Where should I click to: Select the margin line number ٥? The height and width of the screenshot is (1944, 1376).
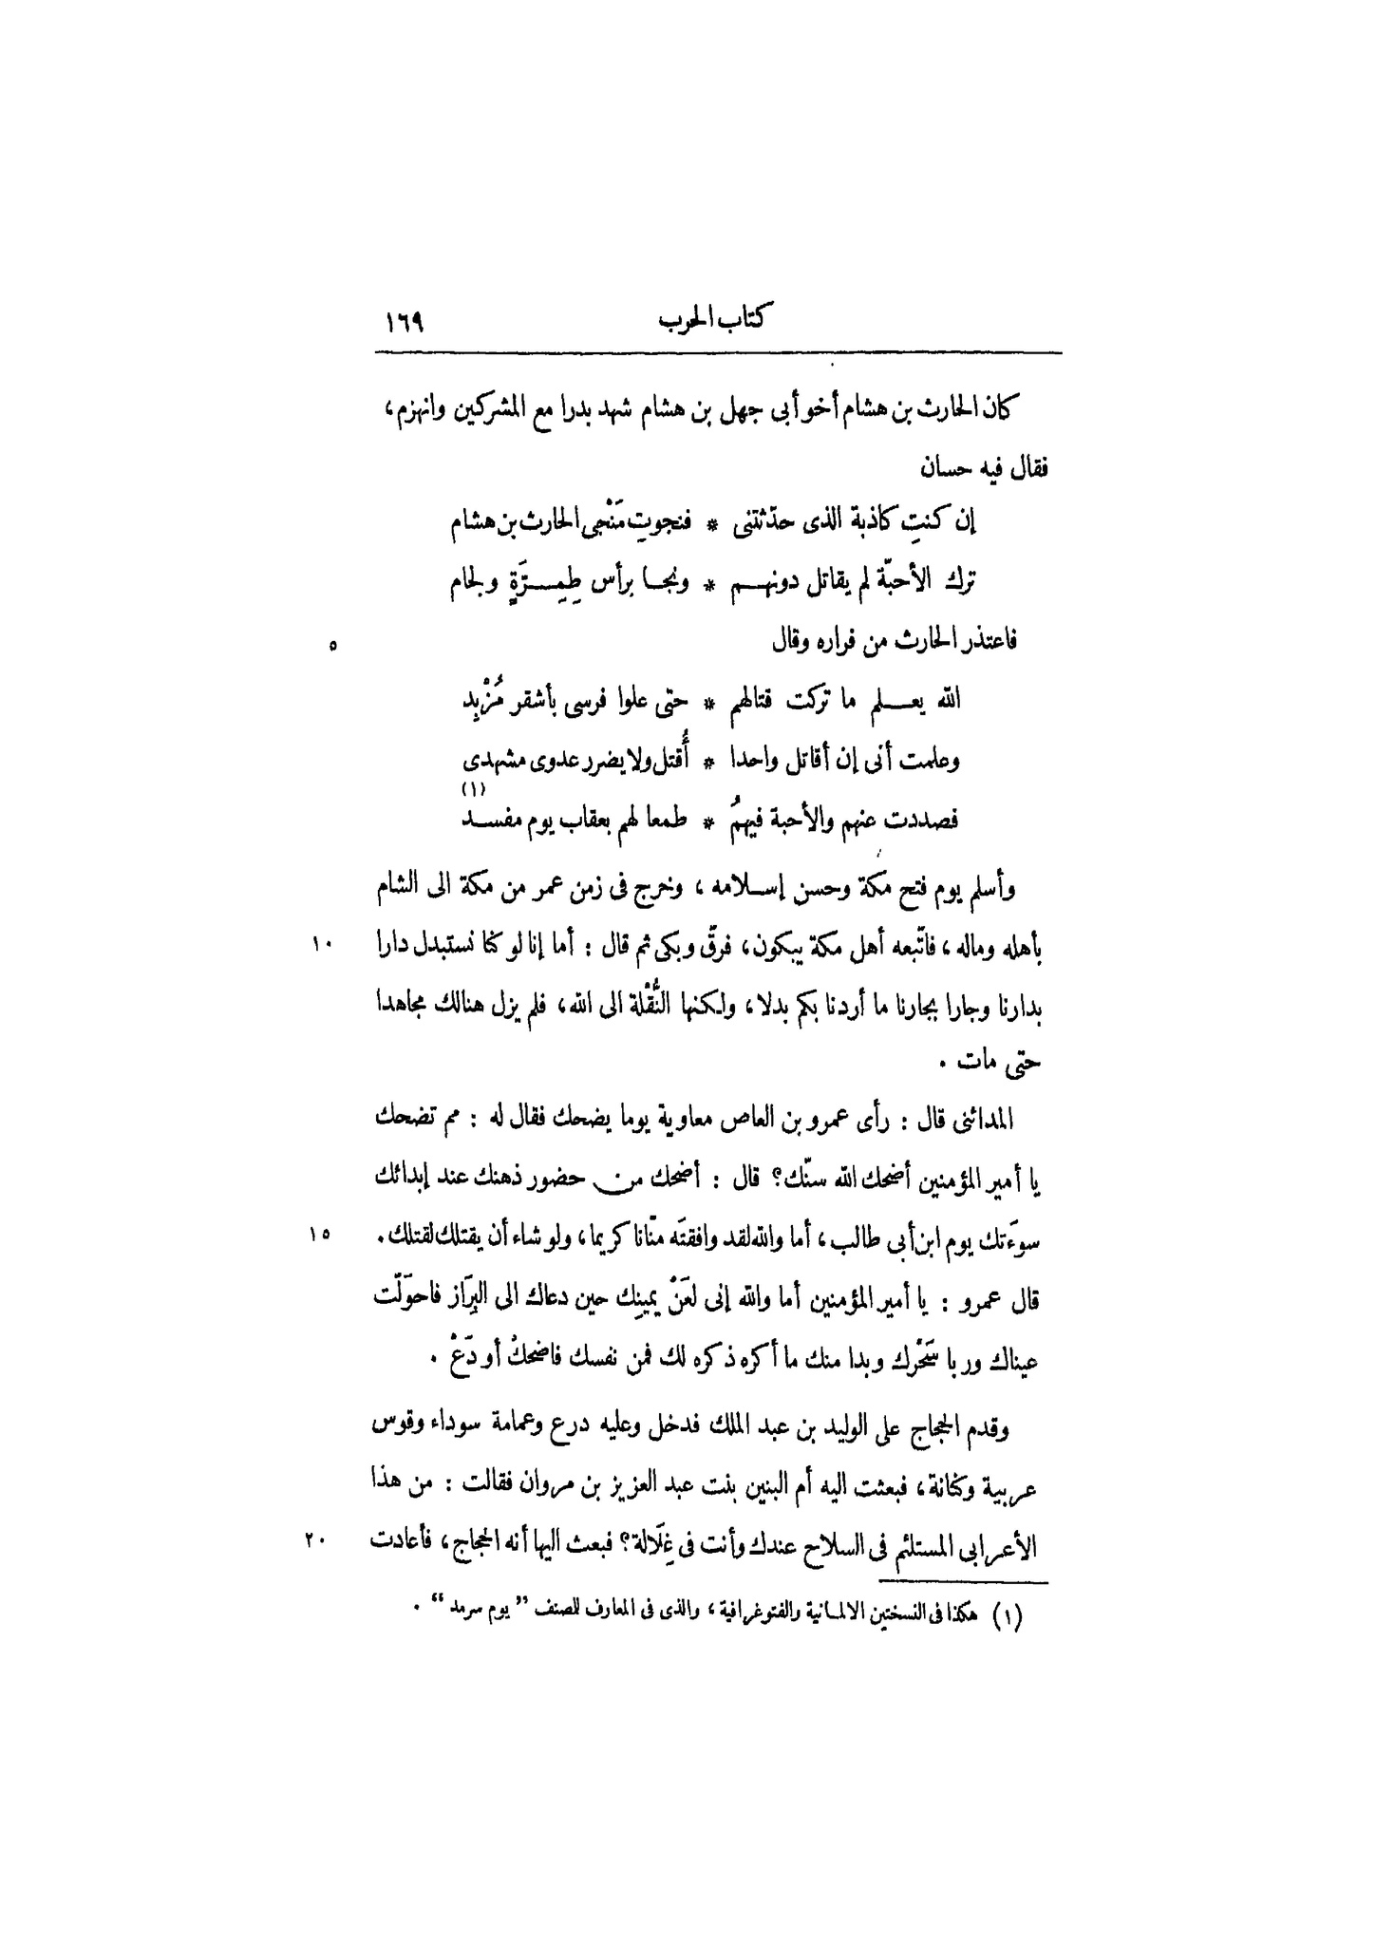click(x=331, y=647)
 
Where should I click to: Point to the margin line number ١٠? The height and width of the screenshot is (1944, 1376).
click(x=320, y=943)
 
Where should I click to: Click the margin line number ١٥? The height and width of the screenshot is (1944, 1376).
click(x=318, y=1234)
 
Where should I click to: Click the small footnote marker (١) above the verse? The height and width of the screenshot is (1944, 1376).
click(x=472, y=790)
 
